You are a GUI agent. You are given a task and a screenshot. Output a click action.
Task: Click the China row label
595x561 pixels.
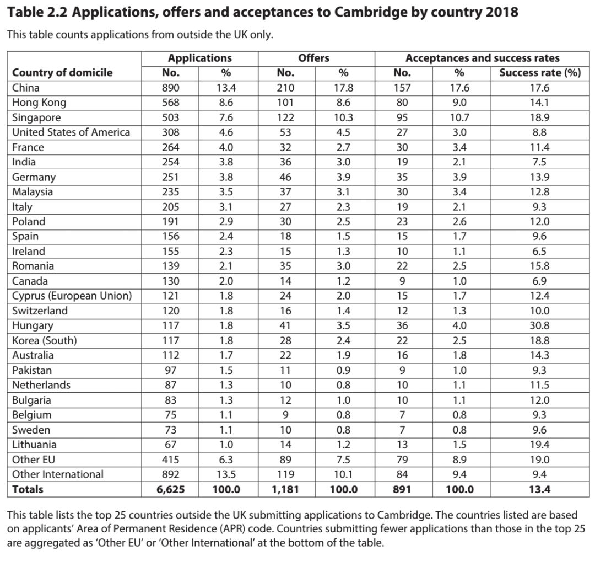point(26,88)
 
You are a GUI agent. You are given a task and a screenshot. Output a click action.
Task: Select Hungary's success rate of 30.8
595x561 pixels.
point(540,326)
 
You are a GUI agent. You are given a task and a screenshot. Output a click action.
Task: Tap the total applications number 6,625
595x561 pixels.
point(171,489)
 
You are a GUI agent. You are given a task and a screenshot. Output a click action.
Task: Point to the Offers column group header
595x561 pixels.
point(313,58)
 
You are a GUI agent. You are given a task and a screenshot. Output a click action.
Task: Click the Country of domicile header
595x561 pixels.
point(62,73)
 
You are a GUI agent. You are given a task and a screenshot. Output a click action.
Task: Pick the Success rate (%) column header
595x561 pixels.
point(540,73)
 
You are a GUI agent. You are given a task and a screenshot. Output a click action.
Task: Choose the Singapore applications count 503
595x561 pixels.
point(171,117)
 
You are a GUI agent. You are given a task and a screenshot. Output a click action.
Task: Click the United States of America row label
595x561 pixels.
point(71,132)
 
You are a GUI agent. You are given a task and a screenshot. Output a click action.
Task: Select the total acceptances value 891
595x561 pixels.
point(402,489)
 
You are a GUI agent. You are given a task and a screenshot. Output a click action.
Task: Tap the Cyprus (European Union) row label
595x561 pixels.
point(72,296)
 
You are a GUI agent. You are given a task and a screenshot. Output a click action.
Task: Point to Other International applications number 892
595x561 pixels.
point(171,474)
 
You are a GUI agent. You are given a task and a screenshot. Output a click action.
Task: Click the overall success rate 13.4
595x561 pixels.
point(540,489)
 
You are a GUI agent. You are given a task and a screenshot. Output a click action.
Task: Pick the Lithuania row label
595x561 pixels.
point(34,445)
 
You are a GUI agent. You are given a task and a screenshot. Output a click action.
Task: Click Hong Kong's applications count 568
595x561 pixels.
point(171,103)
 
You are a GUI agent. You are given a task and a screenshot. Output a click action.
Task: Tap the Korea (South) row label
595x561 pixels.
point(45,341)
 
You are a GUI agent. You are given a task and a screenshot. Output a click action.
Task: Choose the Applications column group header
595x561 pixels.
point(200,58)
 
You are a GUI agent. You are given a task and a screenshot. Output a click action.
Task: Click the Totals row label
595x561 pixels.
point(28,489)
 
